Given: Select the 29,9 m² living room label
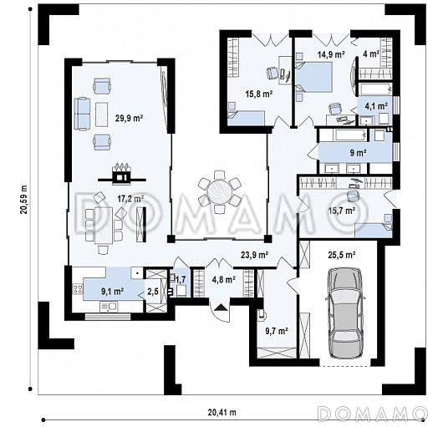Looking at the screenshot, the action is pos(129,118).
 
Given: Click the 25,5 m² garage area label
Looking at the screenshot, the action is pos(341,255).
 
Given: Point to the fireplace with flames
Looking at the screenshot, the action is pos(122,174).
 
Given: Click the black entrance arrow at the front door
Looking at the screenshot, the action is pos(221,308).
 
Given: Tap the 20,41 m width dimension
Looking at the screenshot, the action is pos(221,412).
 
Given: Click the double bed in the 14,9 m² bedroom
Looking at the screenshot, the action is pos(314,77).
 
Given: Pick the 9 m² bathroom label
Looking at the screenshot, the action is pos(359,153).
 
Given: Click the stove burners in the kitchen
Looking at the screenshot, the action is pos(78,289).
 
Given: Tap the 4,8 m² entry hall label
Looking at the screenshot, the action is pos(224,280).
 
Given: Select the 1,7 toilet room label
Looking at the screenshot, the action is pos(181,280).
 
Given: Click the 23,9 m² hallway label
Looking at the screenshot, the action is pos(254,255).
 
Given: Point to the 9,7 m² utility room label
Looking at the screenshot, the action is pos(277,330).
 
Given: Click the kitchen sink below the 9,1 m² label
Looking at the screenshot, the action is pos(109,307).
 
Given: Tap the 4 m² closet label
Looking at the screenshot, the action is pos(371,53).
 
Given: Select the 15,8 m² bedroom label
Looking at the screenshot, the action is pos(259,94).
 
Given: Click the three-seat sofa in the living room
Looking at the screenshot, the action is pos(82,114).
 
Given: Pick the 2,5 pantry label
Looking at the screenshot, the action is pos(153,292).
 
